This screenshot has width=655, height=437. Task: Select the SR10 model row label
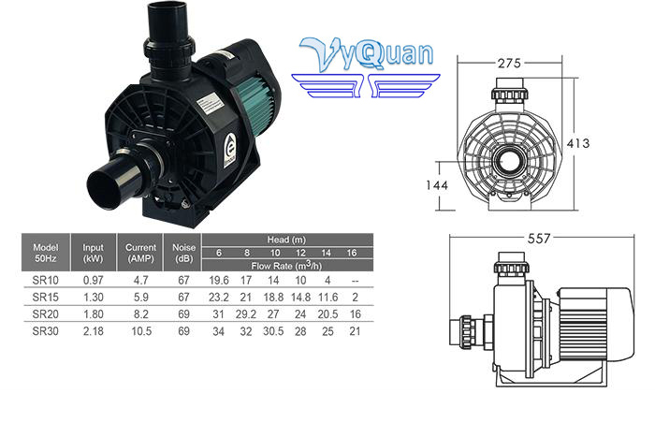[46, 279]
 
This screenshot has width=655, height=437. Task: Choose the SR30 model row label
[46, 330]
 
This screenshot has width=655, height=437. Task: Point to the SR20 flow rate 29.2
[246, 313]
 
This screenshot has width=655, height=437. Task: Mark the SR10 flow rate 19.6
[219, 279]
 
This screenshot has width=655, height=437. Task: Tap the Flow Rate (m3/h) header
[285, 265]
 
